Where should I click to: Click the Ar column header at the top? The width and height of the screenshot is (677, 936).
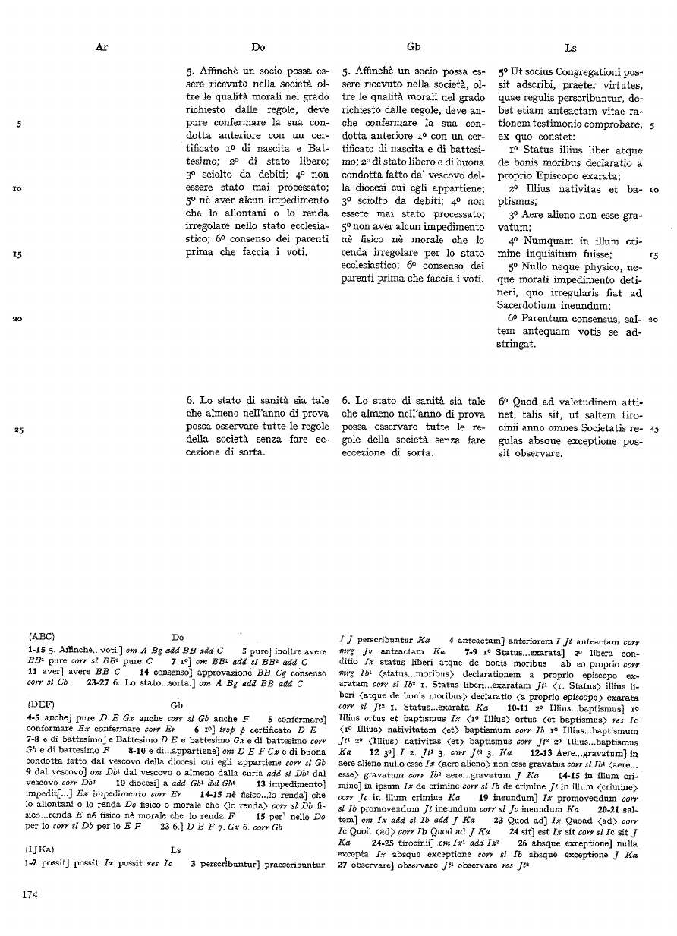coord(102,47)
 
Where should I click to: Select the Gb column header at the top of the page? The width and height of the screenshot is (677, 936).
coord(414,47)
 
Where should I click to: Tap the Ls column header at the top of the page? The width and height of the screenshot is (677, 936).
coord(571,47)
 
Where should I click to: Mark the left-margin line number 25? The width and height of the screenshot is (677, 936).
coord(19,430)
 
